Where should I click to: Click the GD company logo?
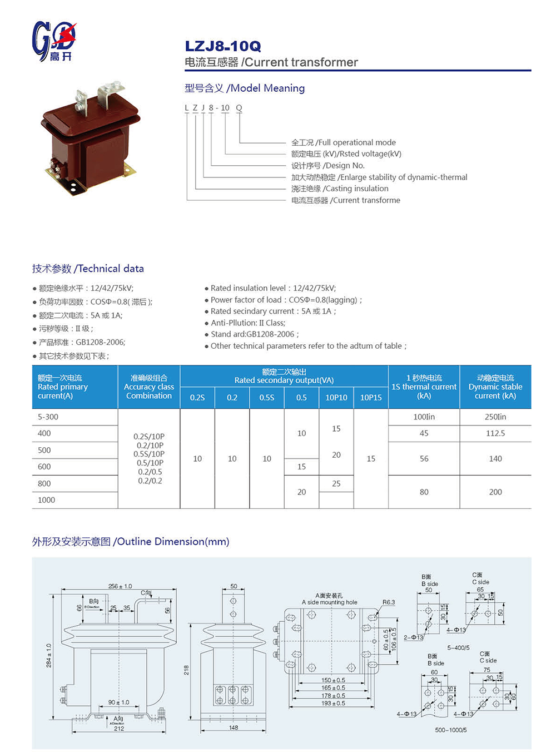click(x=53, y=41)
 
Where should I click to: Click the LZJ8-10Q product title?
click(x=223, y=46)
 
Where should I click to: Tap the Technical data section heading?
click(x=88, y=269)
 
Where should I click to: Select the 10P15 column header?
click(x=371, y=398)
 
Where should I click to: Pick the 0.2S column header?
click(x=197, y=398)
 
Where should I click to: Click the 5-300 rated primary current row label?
click(x=48, y=417)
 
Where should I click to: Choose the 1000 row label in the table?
click(x=46, y=500)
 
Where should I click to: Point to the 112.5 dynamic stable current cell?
click(x=495, y=433)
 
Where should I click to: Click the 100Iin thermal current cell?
click(x=424, y=417)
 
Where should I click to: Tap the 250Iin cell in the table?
click(x=495, y=417)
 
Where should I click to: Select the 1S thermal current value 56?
click(x=424, y=459)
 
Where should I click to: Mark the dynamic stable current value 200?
click(x=495, y=492)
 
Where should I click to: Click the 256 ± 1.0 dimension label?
click(x=120, y=586)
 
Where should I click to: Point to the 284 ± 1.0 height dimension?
click(x=49, y=656)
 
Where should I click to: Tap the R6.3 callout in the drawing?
click(x=389, y=602)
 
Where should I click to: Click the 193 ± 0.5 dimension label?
click(x=333, y=704)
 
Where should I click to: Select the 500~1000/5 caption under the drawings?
click(x=450, y=730)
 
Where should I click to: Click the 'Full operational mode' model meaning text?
click(x=343, y=142)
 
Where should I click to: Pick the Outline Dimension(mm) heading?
click(x=131, y=542)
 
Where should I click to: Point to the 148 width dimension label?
click(x=234, y=728)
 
